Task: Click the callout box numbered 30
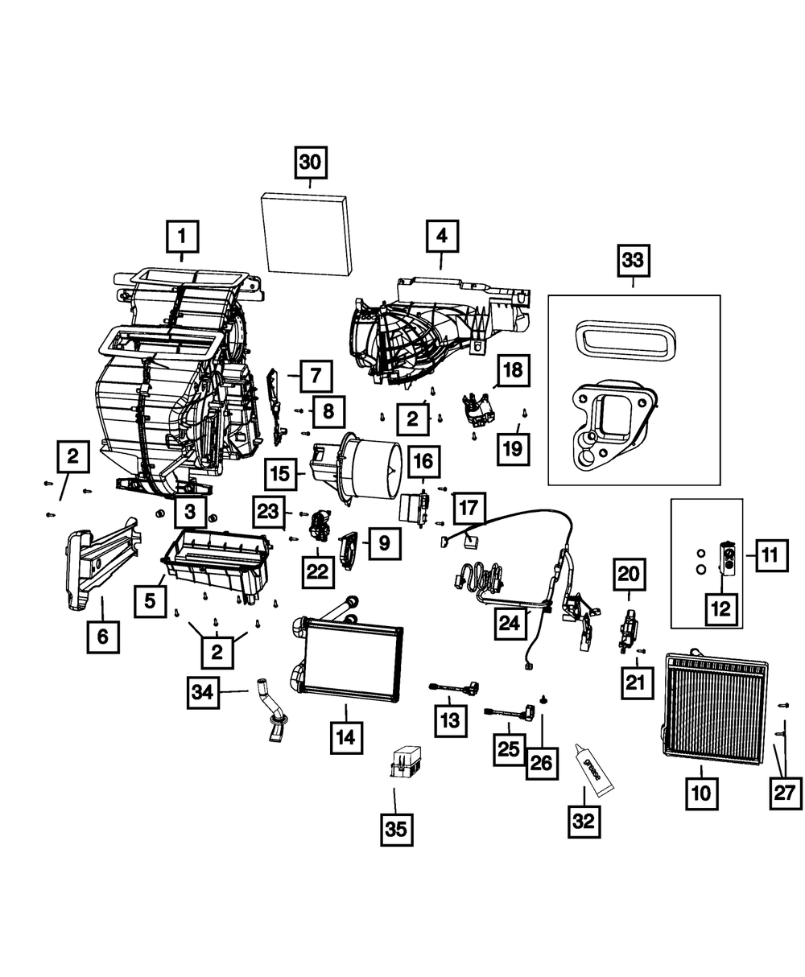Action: [x=310, y=162]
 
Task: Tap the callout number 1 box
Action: [x=182, y=237]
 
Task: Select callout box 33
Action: [x=633, y=260]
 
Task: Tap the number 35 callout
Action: [x=396, y=830]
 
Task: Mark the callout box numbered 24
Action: [x=510, y=623]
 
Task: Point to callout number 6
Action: [x=103, y=637]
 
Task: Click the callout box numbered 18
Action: [x=514, y=370]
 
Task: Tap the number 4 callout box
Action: [x=442, y=237]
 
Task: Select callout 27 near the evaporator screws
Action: [x=786, y=794]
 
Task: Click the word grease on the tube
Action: [x=591, y=769]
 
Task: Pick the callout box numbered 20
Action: [x=629, y=575]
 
